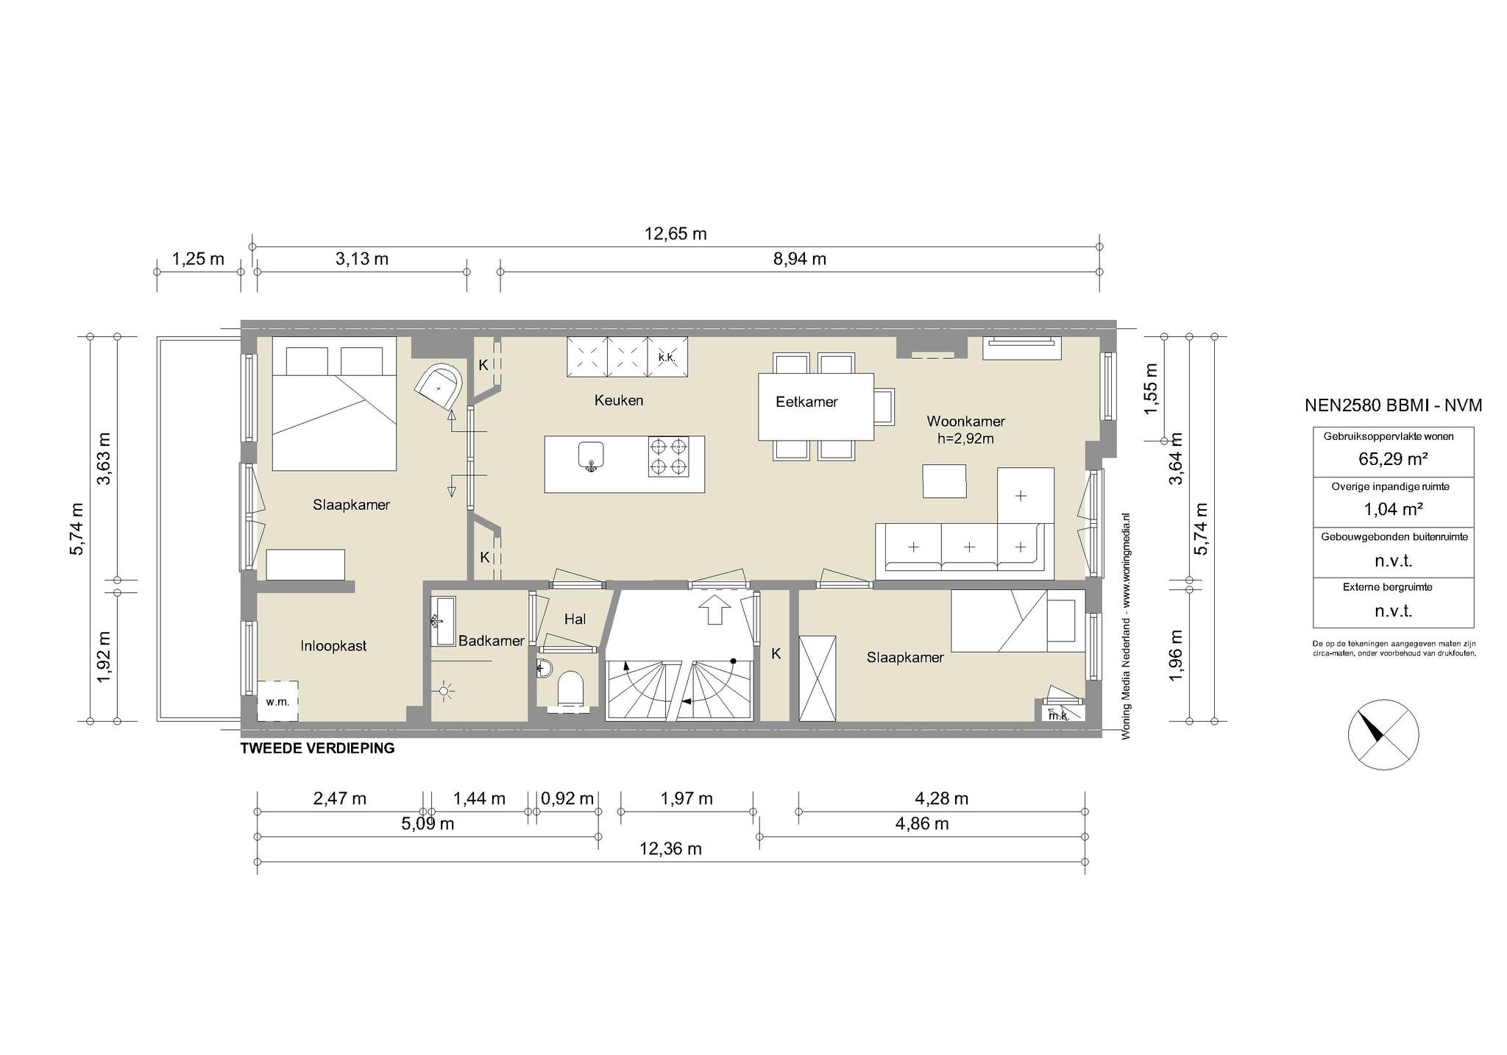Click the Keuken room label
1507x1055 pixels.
(619, 400)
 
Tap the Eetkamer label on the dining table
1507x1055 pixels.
(806, 402)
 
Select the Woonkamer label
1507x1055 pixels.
(965, 422)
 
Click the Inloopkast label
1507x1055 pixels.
(333, 646)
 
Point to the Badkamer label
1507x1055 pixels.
(492, 641)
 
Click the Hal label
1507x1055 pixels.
(575, 619)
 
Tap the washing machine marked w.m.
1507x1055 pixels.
(277, 701)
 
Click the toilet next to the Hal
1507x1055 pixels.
(571, 689)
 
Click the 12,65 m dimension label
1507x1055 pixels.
(676, 234)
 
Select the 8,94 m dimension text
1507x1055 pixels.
(800, 259)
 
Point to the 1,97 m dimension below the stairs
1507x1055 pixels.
(687, 798)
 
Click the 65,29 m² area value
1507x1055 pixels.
(1394, 459)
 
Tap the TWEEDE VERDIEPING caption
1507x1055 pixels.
(318, 748)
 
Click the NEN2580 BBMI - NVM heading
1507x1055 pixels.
(1393, 405)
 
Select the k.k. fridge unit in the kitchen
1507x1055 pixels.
(667, 357)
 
